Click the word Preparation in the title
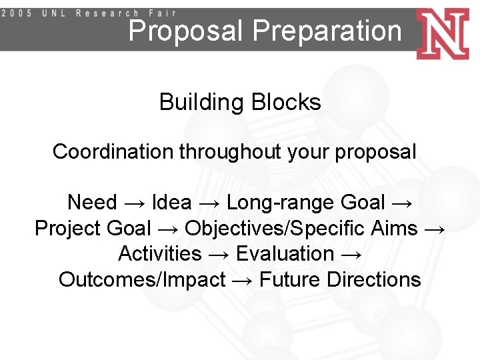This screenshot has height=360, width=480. click(327, 31)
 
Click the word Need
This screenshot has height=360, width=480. click(92, 202)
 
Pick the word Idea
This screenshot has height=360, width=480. click(172, 202)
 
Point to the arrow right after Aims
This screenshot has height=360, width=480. click(434, 229)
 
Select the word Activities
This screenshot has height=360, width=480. click(159, 254)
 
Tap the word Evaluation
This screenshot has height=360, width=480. click(285, 254)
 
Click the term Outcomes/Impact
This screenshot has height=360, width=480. click(142, 280)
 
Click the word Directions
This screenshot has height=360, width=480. click(374, 280)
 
